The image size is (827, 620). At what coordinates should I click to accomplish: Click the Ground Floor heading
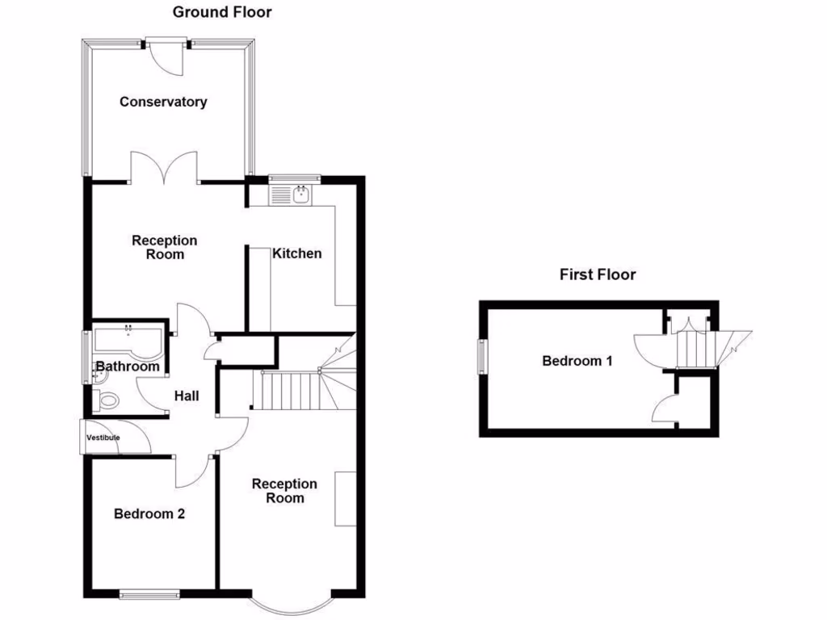coord(223,12)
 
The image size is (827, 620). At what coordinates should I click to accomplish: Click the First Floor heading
coord(598,274)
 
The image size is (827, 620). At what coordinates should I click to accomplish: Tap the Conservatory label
coord(163,102)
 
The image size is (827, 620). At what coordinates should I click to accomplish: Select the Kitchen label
coord(296,253)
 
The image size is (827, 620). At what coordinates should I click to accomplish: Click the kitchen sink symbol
coord(292,195)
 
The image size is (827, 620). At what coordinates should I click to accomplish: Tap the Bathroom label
coord(128,367)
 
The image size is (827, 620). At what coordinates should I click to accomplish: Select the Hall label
coord(187,396)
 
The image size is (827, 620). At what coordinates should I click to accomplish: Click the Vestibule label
coord(103,438)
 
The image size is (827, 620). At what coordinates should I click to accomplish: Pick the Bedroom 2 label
coord(149,513)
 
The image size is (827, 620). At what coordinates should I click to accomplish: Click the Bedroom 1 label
coord(577,361)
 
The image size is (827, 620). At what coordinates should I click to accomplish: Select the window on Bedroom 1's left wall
coord(482,356)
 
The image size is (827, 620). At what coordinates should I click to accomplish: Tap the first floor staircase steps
coord(693,348)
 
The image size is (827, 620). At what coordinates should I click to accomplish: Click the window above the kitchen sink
coord(295,178)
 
